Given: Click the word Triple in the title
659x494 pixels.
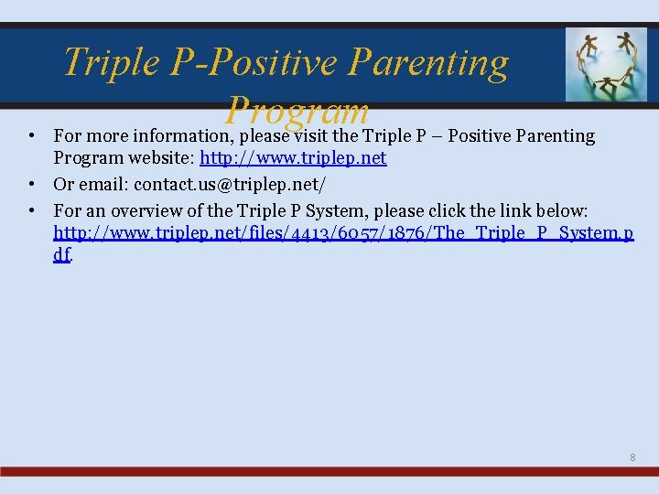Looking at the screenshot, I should (108, 62).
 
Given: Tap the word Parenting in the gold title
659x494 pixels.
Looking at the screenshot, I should (429, 62).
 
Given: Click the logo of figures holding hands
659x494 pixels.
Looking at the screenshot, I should (605, 63).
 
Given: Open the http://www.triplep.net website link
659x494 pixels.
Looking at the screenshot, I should (293, 158).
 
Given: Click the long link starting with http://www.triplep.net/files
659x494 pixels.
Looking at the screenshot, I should (343, 232).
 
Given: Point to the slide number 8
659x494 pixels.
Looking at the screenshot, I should (632, 456).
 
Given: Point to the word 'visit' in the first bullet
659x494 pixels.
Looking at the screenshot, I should (313, 136).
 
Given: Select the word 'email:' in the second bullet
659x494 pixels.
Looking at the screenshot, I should (103, 184).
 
